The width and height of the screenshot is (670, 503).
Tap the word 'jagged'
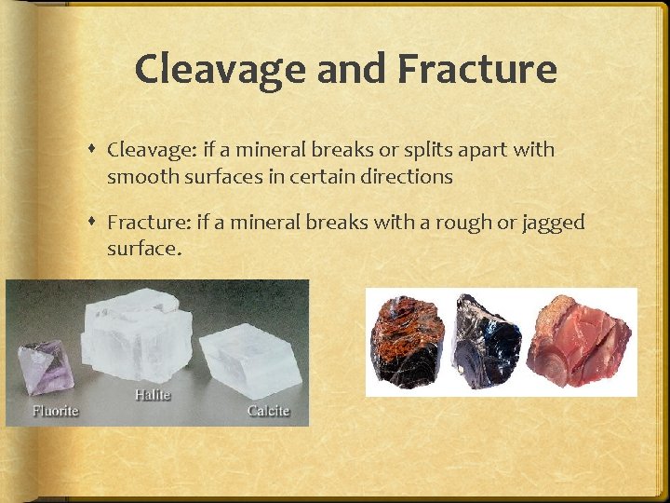[x=552, y=223]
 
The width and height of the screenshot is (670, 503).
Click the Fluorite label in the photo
[x=56, y=410]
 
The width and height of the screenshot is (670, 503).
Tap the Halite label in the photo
[x=153, y=395]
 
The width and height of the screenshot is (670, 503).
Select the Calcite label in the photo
[x=268, y=410]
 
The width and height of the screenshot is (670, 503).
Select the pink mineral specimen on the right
[x=579, y=338]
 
